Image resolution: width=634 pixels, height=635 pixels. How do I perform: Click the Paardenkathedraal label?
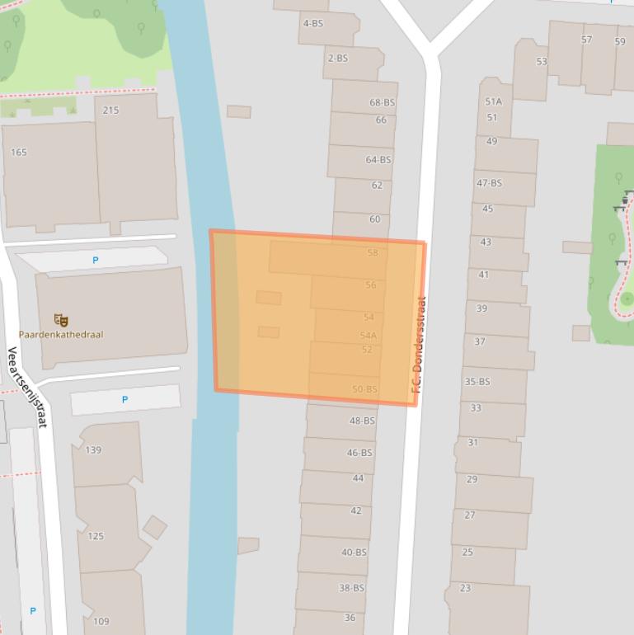tap(61, 335)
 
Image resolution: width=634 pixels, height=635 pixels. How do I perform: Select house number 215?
tap(110, 111)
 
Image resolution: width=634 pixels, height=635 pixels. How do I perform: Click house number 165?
tap(19, 153)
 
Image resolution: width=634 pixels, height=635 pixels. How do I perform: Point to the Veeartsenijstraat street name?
tap(27, 387)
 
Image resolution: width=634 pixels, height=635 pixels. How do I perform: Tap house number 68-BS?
tap(382, 103)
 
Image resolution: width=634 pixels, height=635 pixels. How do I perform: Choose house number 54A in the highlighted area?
tap(368, 336)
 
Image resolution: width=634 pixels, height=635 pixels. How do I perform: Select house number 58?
tap(372, 252)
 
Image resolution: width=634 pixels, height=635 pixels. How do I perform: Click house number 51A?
tap(493, 102)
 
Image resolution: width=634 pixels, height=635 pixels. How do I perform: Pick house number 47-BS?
tap(489, 183)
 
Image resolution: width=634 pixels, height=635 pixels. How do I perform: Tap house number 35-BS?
tap(477, 382)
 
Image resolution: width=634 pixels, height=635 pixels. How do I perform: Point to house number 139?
tap(93, 450)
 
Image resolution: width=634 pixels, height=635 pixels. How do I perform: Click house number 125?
tap(96, 536)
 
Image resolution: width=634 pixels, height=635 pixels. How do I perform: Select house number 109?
tap(101, 622)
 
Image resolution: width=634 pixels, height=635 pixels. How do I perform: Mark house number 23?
tap(465, 588)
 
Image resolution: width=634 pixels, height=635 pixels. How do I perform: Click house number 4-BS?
tap(313, 23)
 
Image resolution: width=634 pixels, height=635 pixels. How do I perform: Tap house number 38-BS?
tap(351, 588)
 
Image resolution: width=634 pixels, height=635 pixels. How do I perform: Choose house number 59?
tap(619, 41)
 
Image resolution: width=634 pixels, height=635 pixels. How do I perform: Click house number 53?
tap(541, 62)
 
